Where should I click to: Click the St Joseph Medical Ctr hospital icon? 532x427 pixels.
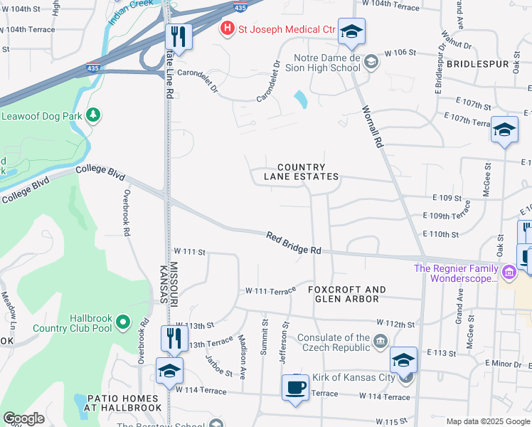[228, 29]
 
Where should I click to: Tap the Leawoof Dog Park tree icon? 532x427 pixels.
[92, 115]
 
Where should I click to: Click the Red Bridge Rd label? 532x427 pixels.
[294, 243]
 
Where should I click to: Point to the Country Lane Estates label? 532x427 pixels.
[302, 172]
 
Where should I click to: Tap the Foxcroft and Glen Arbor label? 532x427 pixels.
[347, 294]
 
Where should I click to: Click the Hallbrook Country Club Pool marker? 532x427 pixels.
[123, 323]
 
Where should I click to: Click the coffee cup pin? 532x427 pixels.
[295, 388]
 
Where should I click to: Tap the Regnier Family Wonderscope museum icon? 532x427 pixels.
[509, 272]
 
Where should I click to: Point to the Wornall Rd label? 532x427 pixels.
[373, 127]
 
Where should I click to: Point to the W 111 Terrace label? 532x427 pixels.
[270, 291]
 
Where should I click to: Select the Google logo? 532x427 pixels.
[24, 419]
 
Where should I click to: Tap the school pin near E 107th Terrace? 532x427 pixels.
[504, 130]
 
